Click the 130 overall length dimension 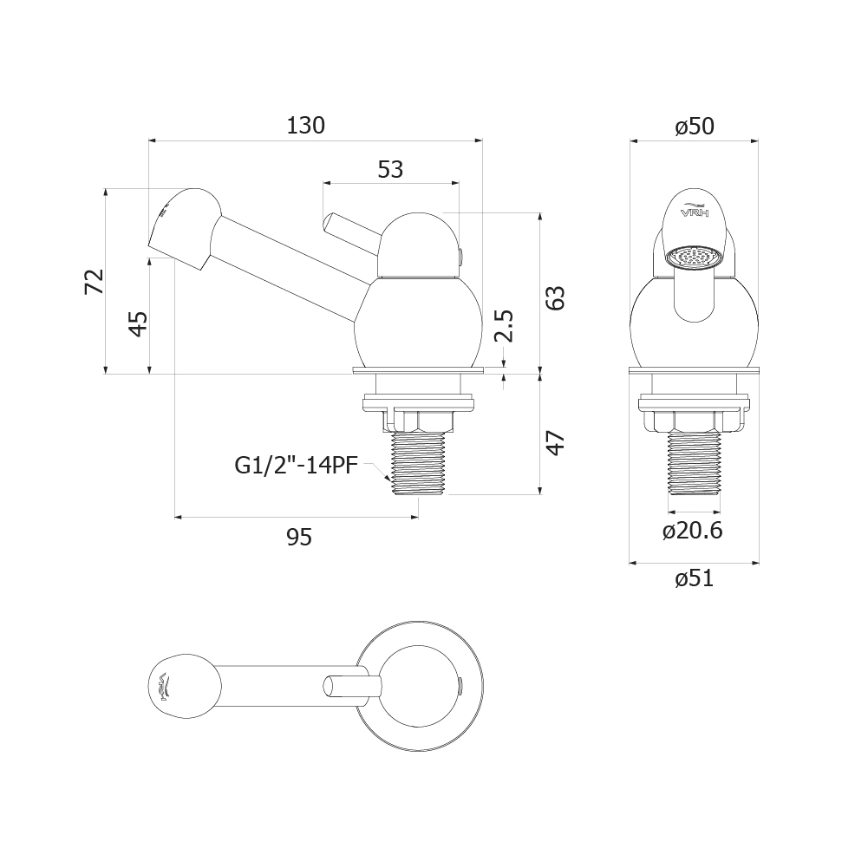[x=305, y=126]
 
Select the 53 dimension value [x=391, y=169]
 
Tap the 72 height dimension [x=95, y=281]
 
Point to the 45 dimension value [x=139, y=323]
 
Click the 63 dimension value [x=554, y=297]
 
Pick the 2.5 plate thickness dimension [x=505, y=326]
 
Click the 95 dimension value [x=299, y=537]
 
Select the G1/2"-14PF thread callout [x=297, y=466]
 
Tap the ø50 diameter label [x=695, y=127]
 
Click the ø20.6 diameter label [x=693, y=531]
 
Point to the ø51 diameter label [x=695, y=578]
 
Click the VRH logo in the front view [x=695, y=212]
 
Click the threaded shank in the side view [x=417, y=463]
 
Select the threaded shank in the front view [x=695, y=461]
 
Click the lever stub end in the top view [x=330, y=685]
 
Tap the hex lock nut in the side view [x=417, y=421]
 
